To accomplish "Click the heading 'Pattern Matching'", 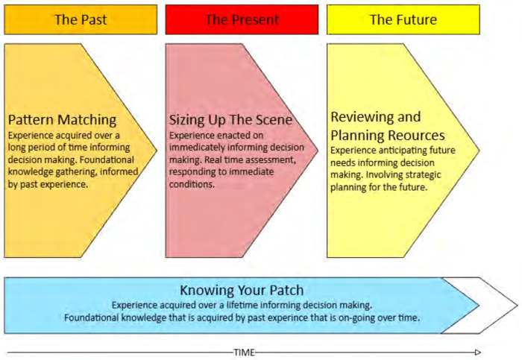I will coord(62,119).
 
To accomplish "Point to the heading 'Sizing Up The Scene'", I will coord(230,119).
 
